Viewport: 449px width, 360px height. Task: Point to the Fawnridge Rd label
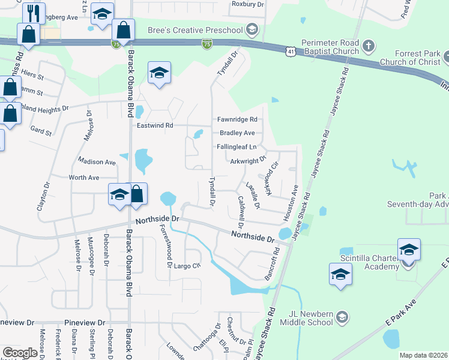pos(237,119)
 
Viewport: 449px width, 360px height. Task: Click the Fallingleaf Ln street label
pos(237,147)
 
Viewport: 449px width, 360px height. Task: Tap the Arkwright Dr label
pos(248,161)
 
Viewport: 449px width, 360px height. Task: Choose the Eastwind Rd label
pos(154,126)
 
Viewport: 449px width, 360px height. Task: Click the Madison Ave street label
pos(97,162)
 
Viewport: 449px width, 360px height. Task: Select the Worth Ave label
pos(84,178)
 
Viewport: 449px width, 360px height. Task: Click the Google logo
pos(20,353)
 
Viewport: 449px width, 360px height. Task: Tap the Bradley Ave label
pos(237,133)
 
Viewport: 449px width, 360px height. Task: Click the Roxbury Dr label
pos(247,4)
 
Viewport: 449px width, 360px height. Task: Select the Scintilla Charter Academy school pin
pos(409,250)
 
